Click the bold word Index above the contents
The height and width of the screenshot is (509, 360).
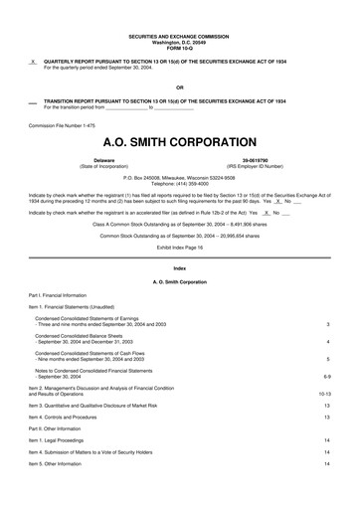[x=179, y=269]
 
